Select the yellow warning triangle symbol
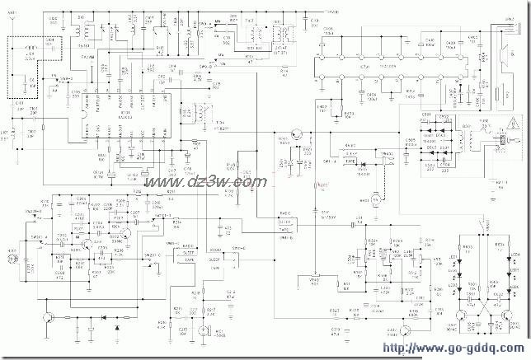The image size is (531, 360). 513,125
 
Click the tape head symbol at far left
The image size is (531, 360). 12,258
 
